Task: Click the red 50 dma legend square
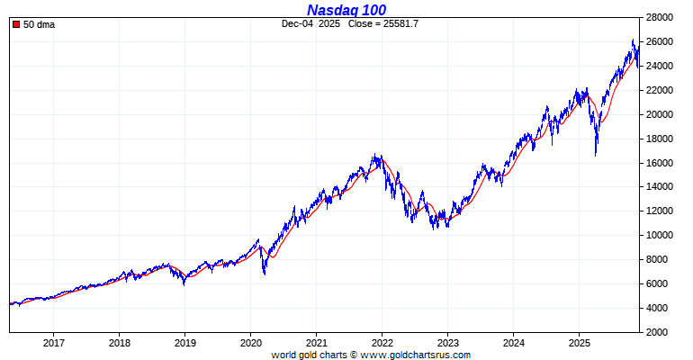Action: pyautogui.click(x=16, y=24)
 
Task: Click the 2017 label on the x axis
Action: pyautogui.click(x=54, y=343)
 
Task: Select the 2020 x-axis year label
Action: pyautogui.click(x=251, y=343)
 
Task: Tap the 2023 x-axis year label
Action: pyautogui.click(x=448, y=343)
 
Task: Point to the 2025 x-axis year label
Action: pyautogui.click(x=580, y=343)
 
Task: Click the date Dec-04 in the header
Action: pyautogui.click(x=296, y=23)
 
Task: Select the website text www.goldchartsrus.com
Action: pyautogui.click(x=415, y=355)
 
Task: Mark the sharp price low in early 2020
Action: pyautogui.click(x=264, y=274)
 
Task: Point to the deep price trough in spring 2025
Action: pyautogui.click(x=596, y=155)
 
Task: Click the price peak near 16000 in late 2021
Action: pyautogui.click(x=376, y=156)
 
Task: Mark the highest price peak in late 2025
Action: pyautogui.click(x=634, y=40)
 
